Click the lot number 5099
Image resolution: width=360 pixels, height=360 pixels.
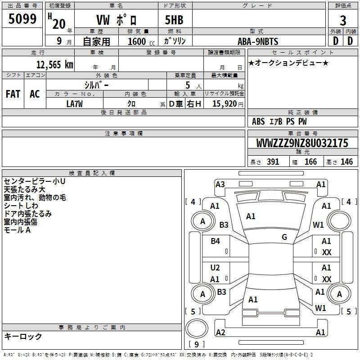point(22,19)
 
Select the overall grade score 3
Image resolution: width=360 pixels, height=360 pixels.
point(343,21)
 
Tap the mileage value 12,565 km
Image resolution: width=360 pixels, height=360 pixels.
point(54,64)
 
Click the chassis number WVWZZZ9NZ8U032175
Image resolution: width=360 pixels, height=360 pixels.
point(302,143)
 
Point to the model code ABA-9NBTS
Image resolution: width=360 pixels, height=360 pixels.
point(258,41)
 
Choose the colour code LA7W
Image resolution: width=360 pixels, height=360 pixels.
point(74,104)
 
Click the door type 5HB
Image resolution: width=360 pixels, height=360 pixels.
point(174,20)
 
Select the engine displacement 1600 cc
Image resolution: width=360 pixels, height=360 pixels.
point(141,41)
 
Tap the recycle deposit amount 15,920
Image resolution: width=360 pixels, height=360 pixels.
point(224,104)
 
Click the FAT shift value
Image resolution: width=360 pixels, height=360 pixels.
point(13,94)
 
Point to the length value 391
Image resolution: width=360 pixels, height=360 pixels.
point(273,162)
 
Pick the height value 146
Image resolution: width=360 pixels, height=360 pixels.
point(346,162)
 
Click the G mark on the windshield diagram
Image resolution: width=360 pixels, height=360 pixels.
point(284,237)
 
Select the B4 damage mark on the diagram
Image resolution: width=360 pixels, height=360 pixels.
point(215,241)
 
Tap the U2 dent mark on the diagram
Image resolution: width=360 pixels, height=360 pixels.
point(215,268)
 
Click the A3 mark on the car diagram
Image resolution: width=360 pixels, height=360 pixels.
point(220,184)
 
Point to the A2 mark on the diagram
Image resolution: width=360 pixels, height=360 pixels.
point(220,333)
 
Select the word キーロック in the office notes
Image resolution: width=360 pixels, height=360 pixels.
point(23,336)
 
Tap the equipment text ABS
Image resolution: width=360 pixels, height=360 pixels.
point(258,121)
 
